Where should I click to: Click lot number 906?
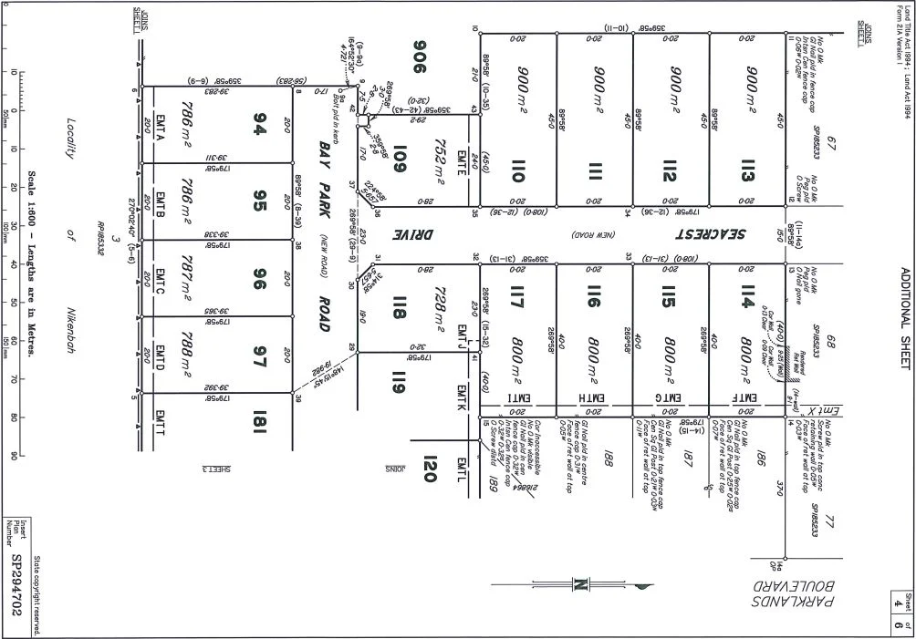[x=421, y=57]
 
